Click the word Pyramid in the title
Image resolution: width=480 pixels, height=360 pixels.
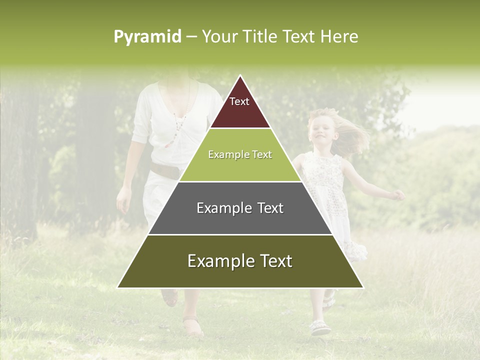click(147, 37)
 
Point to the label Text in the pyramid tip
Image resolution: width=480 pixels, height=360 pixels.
click(239, 102)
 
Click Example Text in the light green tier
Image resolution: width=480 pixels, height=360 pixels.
click(240, 155)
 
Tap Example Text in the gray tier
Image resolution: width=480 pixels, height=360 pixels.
click(240, 208)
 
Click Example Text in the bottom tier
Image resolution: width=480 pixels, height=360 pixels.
click(240, 261)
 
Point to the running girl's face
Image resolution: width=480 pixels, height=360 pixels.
click(320, 129)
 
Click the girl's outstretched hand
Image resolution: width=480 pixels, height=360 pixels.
click(398, 195)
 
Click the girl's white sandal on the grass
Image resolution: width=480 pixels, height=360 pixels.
click(319, 328)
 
